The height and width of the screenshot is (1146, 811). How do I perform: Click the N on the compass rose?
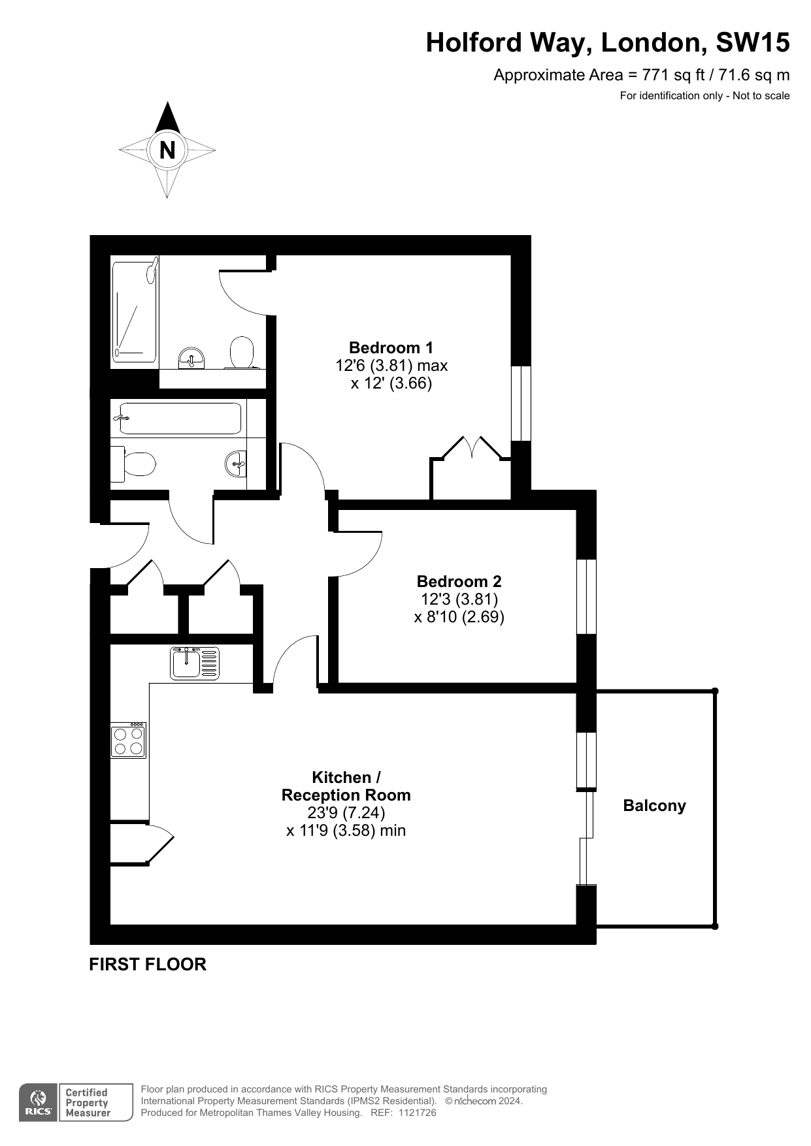tap(167, 150)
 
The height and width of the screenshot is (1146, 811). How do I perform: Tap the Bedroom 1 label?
tap(391, 347)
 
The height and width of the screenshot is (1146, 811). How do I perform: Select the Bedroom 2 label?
tap(459, 581)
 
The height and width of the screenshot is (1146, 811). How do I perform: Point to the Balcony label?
tap(654, 805)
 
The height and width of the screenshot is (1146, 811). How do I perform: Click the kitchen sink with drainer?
tap(195, 663)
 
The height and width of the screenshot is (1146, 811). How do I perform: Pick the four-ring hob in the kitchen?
tap(128, 740)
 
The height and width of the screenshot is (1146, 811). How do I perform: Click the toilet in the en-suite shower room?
tap(242, 352)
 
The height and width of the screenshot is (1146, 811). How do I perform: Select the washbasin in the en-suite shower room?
tap(192, 358)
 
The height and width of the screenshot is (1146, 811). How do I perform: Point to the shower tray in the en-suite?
tap(135, 311)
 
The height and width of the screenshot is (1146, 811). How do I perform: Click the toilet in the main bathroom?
tap(133, 464)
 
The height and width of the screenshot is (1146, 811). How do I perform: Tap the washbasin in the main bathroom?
tap(236, 464)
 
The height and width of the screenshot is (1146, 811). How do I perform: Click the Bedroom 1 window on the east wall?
tap(521, 403)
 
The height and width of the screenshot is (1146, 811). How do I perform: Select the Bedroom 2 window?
tap(586, 596)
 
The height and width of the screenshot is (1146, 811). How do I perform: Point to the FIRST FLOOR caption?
tap(148, 964)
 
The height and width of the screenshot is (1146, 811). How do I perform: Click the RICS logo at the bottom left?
tap(38, 1103)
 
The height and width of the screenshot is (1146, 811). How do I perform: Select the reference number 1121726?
tap(413, 1113)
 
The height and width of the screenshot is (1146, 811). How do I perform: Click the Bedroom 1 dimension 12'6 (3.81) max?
tap(391, 365)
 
